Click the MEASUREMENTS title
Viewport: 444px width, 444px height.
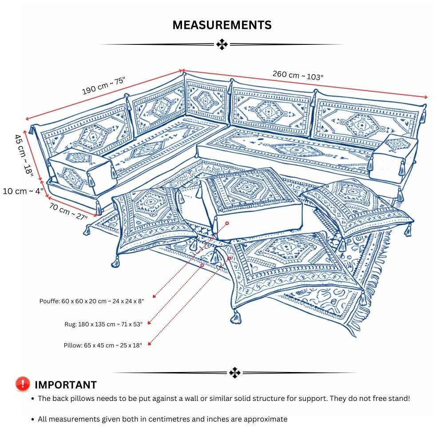222,25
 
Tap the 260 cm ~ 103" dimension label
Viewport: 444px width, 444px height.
297,75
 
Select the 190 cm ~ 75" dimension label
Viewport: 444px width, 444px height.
104,85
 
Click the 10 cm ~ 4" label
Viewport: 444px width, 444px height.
23,191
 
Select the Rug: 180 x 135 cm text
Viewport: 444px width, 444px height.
103,324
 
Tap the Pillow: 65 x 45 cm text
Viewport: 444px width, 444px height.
103,345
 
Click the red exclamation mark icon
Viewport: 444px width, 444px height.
23,384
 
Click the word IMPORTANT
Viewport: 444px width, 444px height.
66,385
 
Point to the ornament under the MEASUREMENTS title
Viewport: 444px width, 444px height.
222,44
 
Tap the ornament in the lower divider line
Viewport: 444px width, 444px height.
234,373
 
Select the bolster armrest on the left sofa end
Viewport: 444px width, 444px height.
80,171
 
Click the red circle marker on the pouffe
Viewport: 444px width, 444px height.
227,223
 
